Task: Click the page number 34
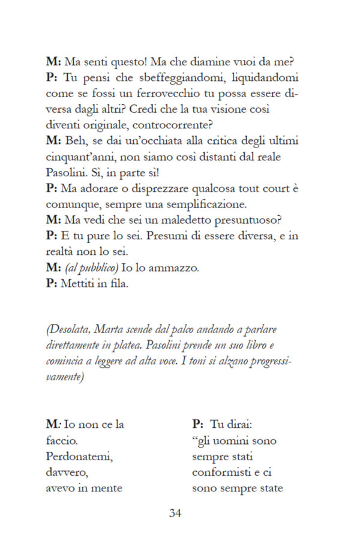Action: point(175,513)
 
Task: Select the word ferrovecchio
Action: point(170,94)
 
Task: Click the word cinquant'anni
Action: point(81,156)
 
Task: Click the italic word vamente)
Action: point(65,377)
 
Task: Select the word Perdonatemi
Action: point(80,456)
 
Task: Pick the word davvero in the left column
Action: point(67,472)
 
